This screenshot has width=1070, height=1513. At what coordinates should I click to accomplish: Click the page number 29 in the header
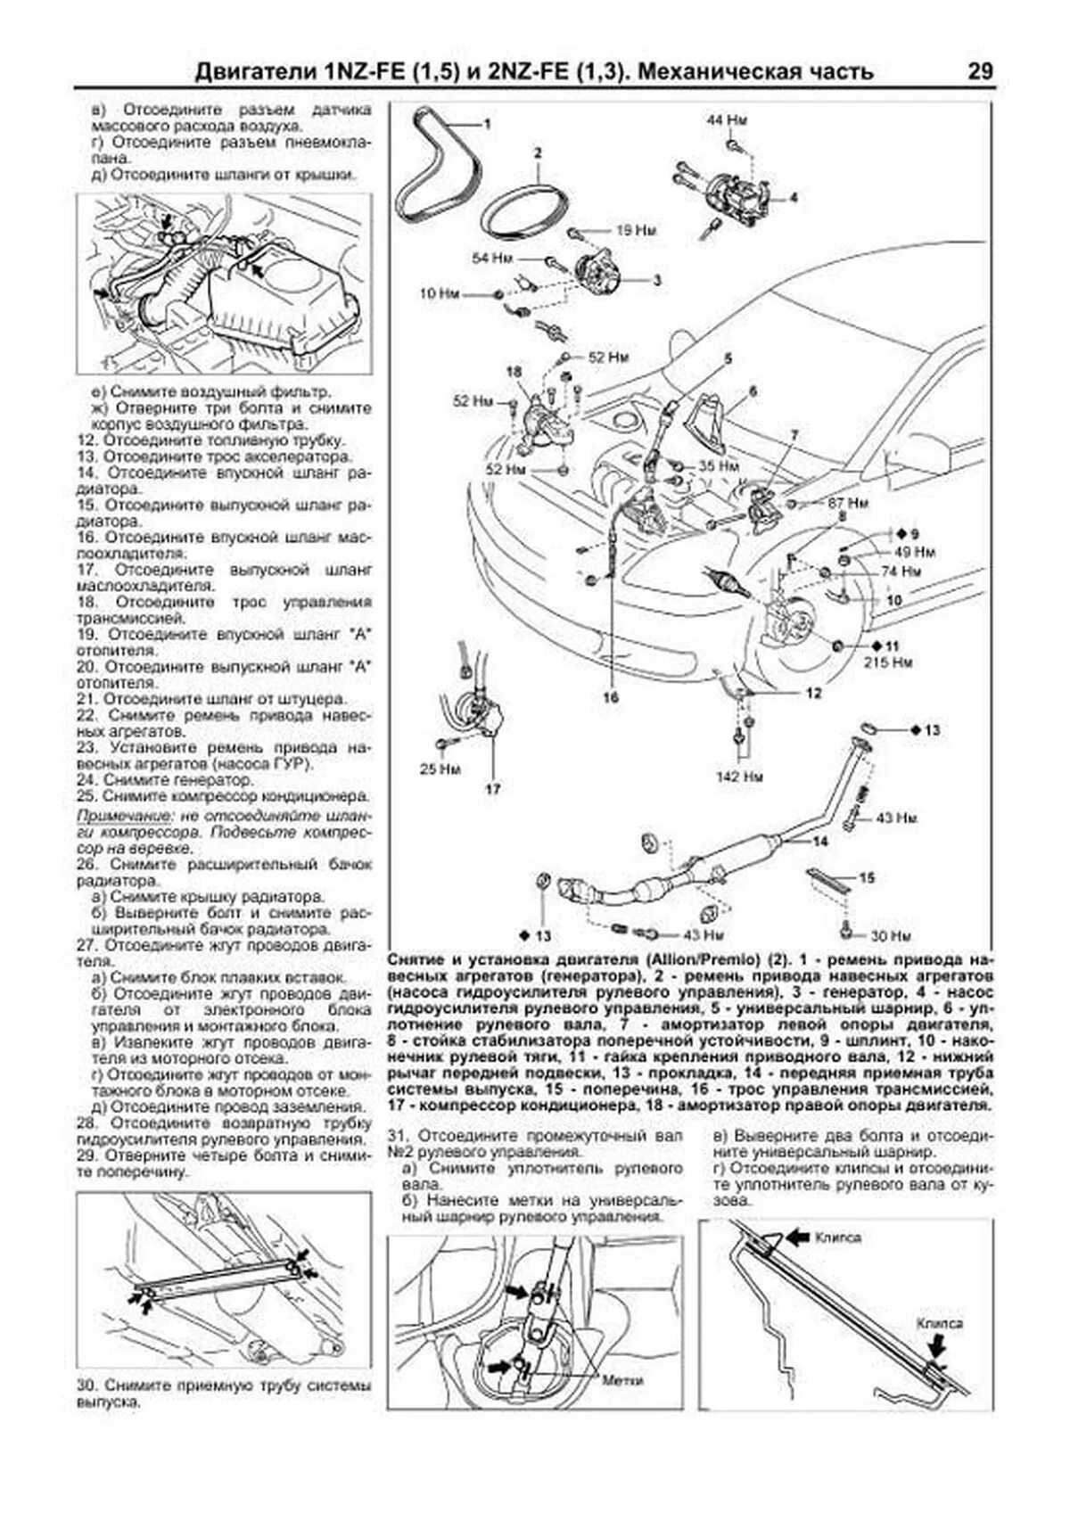(979, 72)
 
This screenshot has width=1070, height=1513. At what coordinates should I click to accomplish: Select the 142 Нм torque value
(740, 777)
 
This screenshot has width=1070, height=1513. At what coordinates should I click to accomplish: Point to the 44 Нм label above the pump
(727, 120)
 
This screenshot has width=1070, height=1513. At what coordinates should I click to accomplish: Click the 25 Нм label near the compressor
(439, 769)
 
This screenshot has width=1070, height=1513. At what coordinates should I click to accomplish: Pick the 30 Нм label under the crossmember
(889, 936)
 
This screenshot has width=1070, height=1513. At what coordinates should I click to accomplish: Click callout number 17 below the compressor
(493, 788)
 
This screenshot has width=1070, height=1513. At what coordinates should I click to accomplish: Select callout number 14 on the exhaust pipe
(819, 841)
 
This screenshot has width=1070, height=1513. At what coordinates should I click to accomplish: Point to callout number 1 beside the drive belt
(487, 125)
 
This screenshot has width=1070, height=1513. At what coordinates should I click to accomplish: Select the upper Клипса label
(836, 1238)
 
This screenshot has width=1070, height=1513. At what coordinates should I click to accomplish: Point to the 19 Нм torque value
(636, 231)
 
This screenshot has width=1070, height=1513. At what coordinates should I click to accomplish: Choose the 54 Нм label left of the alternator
(492, 259)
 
